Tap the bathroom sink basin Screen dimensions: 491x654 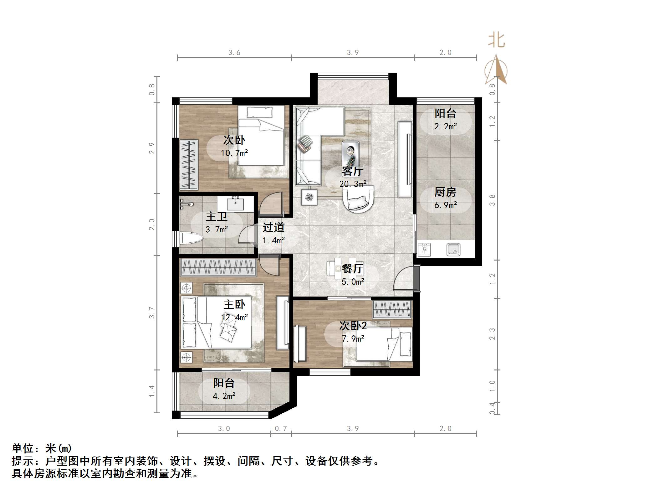(x=235, y=204)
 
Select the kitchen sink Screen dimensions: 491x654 (x=453, y=250)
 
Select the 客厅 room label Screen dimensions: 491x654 (x=352, y=171)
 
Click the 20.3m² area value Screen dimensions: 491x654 (x=353, y=184)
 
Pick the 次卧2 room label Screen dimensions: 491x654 (x=353, y=326)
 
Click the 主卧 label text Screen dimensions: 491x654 (x=234, y=304)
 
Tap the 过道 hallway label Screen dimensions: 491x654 (x=273, y=227)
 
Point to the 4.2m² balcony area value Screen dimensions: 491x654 (x=224, y=396)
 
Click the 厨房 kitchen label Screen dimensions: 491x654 (x=445, y=192)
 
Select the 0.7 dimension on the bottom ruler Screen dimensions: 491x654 (x=281, y=428)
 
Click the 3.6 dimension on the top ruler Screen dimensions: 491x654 (x=234, y=53)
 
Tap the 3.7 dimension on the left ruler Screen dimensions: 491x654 (x=152, y=313)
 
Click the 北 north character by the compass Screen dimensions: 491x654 (x=497, y=41)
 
